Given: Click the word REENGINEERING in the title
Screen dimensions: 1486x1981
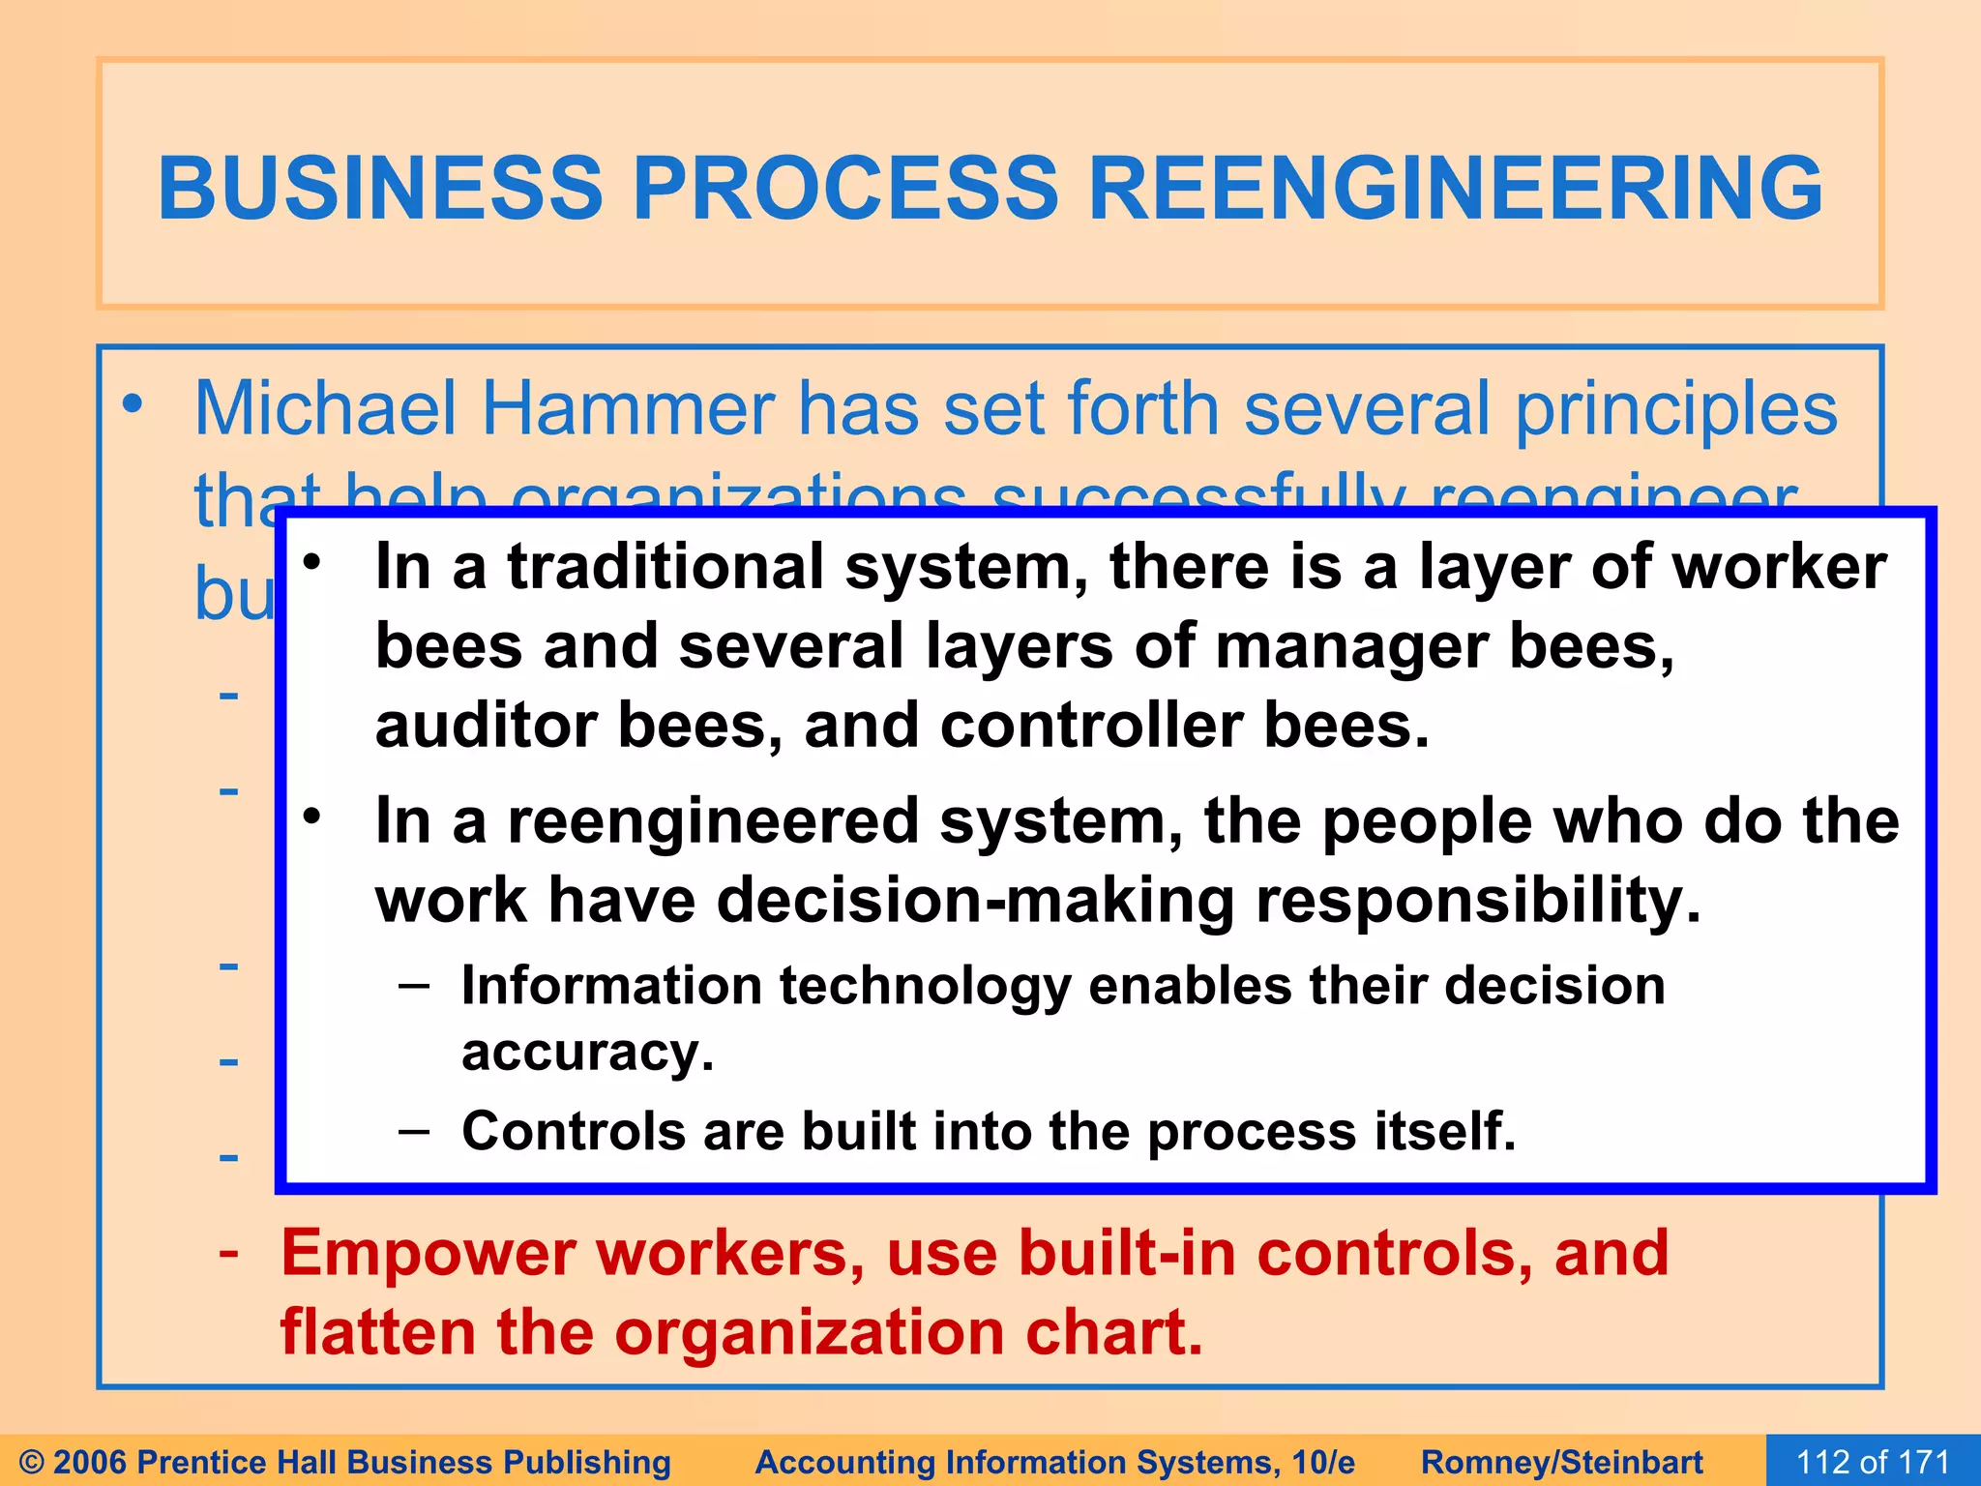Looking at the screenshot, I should point(1456,189).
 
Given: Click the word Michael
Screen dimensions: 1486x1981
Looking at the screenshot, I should point(325,409).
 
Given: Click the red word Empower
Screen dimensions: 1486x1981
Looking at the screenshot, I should point(428,1254).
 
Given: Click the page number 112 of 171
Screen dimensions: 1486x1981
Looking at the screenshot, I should point(1873,1462).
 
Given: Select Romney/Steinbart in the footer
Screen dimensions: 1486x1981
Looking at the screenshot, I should point(1561,1462).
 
